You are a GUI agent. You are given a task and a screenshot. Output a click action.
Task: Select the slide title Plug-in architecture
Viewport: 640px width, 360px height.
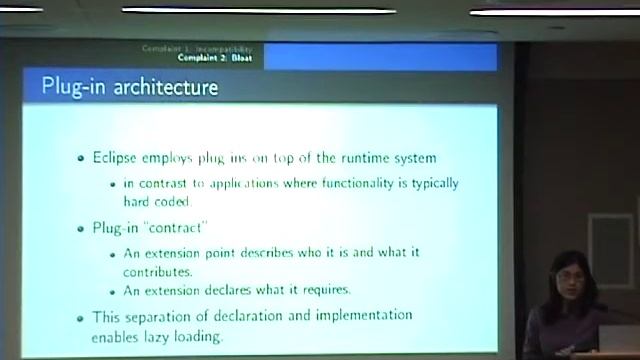click(129, 87)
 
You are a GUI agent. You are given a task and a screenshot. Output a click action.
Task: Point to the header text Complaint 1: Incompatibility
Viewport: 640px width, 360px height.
click(198, 49)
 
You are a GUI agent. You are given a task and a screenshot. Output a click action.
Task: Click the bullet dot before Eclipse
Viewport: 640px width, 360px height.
click(81, 159)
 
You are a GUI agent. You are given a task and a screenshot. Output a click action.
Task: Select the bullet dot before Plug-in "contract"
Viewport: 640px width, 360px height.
click(81, 228)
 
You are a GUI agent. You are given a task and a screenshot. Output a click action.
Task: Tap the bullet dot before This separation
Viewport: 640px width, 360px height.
click(81, 318)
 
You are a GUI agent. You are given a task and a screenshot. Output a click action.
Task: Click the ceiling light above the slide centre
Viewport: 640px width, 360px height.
click(257, 10)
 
